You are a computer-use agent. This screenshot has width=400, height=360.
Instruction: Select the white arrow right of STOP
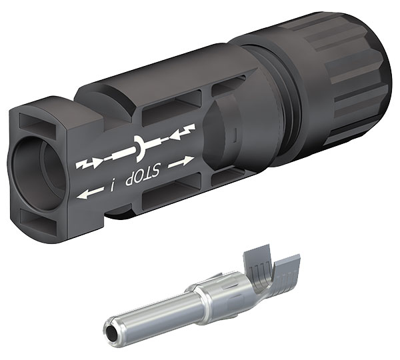[x=181, y=162]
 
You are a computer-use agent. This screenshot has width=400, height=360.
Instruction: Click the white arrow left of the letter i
[x=90, y=193]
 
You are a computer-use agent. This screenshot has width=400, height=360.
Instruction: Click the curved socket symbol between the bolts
[x=140, y=149]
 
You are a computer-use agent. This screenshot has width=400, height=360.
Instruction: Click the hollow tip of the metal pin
[x=111, y=333]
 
